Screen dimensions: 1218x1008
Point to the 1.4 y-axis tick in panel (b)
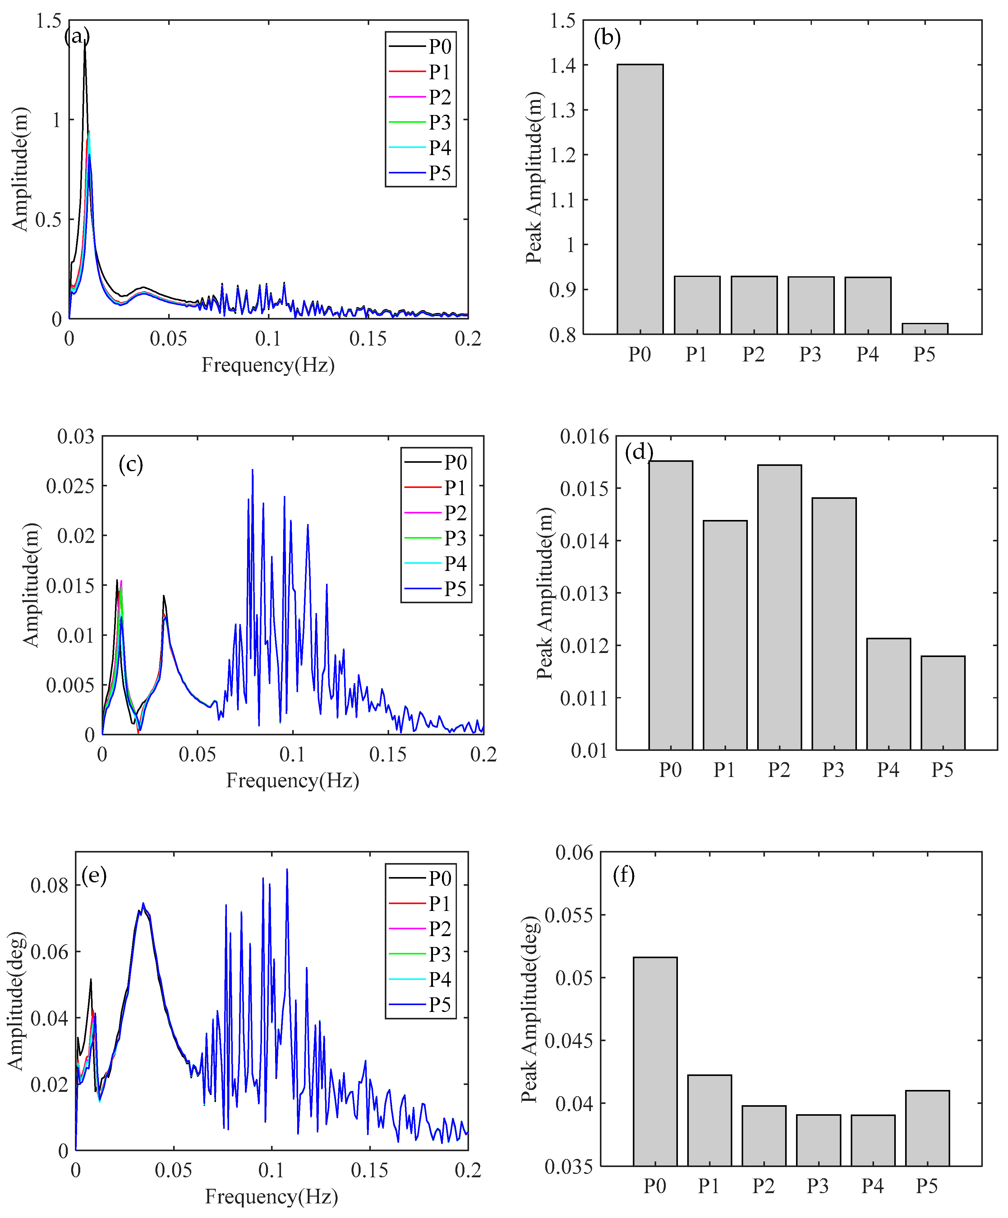(x=563, y=66)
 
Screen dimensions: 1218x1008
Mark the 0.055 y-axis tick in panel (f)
(x=568, y=915)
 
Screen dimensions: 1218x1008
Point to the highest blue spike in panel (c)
(x=252, y=470)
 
